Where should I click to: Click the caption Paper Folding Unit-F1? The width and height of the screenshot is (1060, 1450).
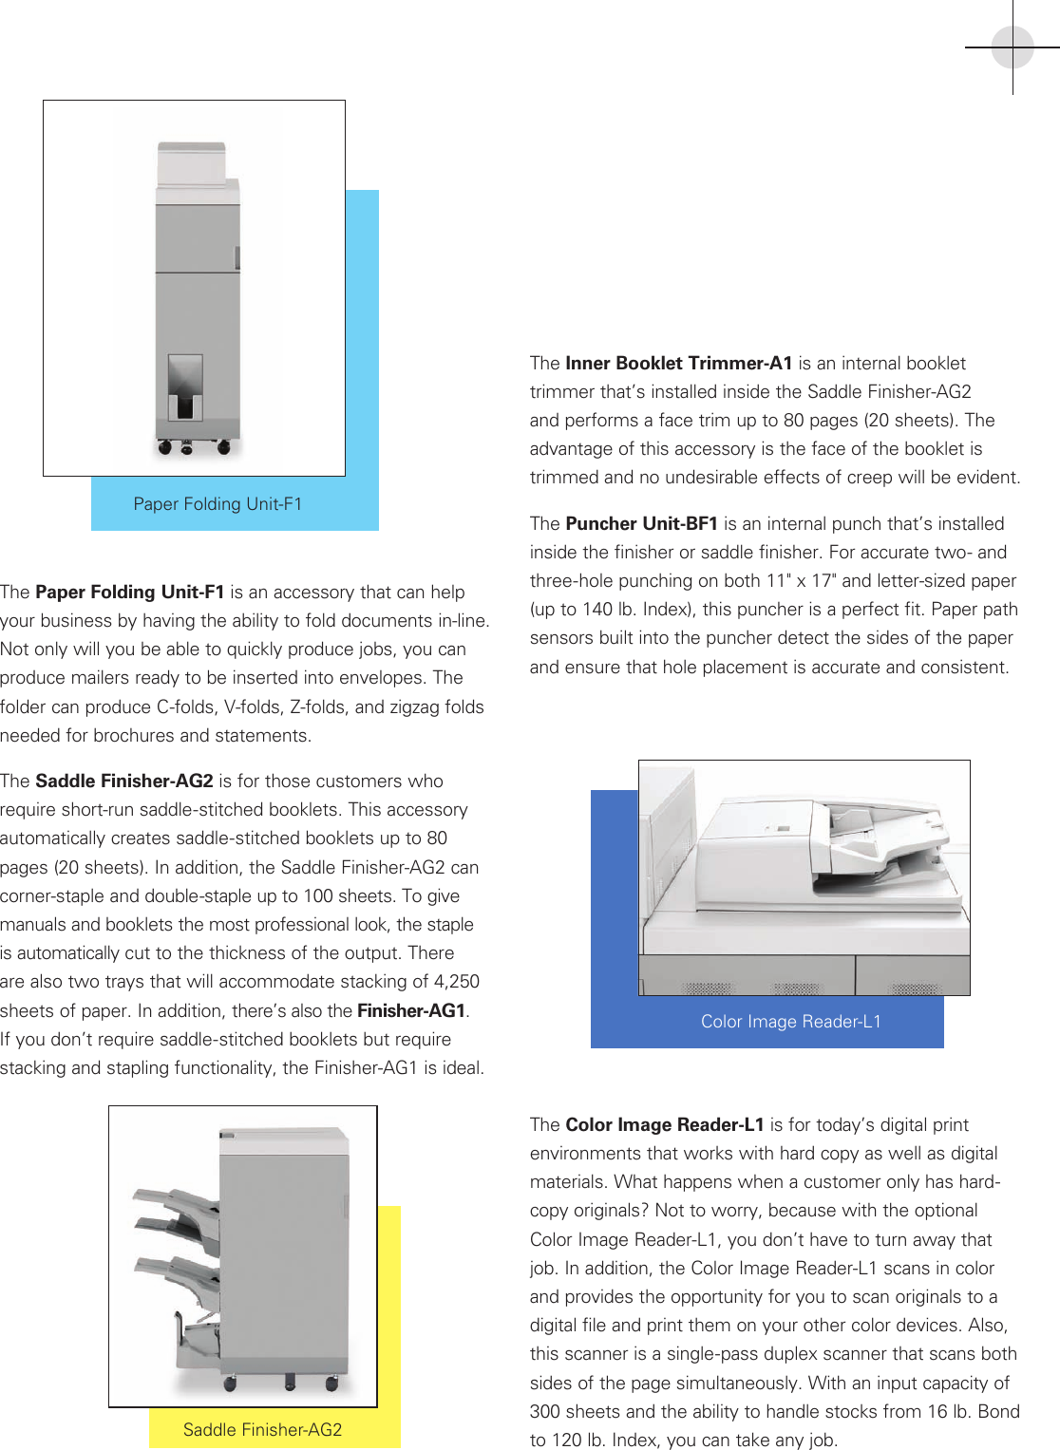tap(218, 504)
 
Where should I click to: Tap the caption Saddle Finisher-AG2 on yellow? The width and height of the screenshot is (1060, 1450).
tap(262, 1430)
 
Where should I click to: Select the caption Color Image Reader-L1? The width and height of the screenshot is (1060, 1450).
tap(790, 1022)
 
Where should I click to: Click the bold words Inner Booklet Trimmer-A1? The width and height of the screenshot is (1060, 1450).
tap(678, 364)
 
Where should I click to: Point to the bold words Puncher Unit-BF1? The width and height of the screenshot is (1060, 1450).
tap(641, 524)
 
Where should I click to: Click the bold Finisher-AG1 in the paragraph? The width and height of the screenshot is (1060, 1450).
tap(411, 1011)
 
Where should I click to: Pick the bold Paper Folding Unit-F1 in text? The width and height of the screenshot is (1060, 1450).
tap(129, 593)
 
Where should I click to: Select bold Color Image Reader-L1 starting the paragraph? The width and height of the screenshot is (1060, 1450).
tap(664, 1125)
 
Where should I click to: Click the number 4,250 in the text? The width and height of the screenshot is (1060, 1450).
tap(456, 982)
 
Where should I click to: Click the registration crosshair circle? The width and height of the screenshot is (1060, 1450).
tap(1013, 47)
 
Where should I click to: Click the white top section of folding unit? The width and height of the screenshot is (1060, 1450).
tap(193, 165)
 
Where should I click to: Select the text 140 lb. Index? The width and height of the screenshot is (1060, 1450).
tap(608, 610)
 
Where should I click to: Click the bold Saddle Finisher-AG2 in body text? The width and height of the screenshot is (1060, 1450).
tap(123, 781)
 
